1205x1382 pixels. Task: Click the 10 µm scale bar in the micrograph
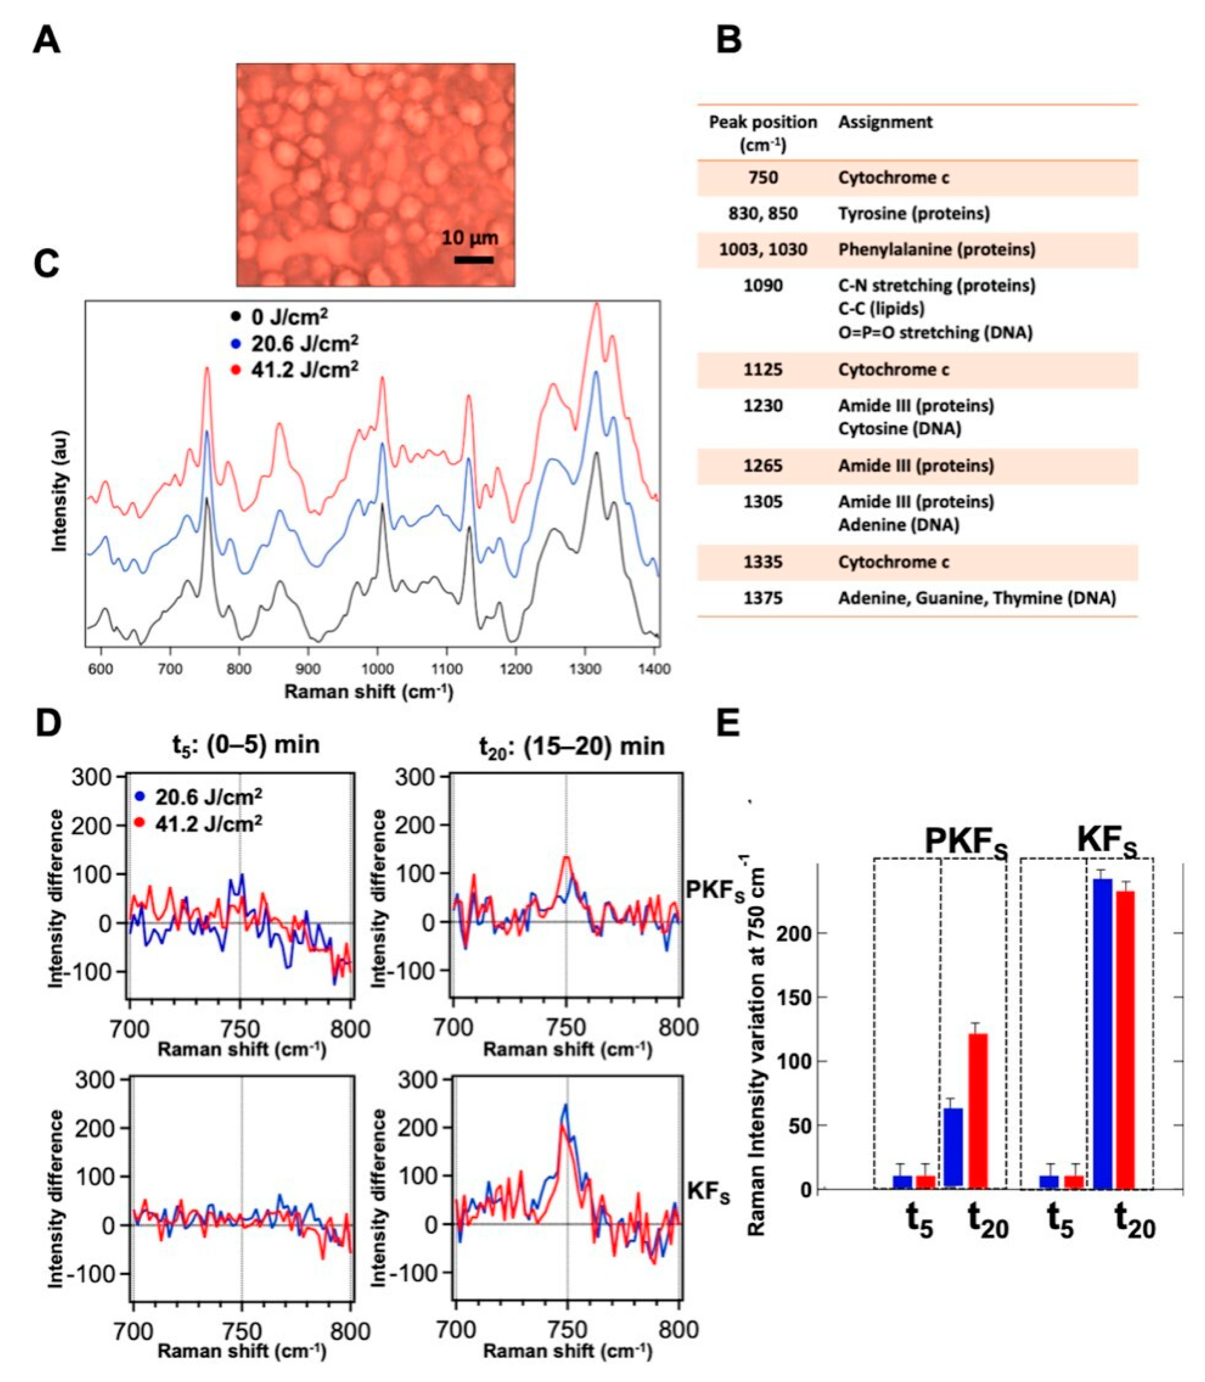[474, 259]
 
